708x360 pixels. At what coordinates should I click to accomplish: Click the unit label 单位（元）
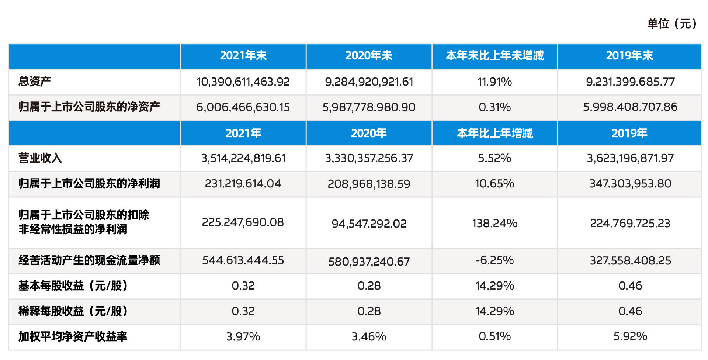pos(672,24)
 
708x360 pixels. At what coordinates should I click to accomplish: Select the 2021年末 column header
pos(243,56)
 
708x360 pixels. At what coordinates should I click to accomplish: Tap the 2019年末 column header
pos(629,56)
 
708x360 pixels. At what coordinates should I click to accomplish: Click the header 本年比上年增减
pos(494,133)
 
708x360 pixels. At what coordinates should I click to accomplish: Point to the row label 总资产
pos(35,81)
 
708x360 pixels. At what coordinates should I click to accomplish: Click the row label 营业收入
pos(40,158)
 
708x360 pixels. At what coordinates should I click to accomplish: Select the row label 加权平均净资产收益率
pos(73,336)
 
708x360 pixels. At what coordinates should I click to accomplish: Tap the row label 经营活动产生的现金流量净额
pos(89,260)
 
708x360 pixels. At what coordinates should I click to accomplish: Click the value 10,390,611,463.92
pos(243,82)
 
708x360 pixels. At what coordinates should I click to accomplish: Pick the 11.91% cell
pos(494,82)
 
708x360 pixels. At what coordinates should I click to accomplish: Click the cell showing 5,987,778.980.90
pos(369,107)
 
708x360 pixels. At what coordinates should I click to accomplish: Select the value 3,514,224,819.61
pos(243,158)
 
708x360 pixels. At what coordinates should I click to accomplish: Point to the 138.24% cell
pos(494,223)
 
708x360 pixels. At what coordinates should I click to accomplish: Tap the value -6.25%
pos(494,260)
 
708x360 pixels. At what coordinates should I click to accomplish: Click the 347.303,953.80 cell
pos(630,184)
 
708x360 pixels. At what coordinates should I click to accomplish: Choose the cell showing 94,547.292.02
pos(369,224)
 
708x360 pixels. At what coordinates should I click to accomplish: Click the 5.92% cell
pos(630,336)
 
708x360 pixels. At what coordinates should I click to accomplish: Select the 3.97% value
pos(243,336)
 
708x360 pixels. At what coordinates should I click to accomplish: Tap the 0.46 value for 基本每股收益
pos(630,285)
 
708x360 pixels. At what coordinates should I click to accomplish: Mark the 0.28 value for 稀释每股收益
pos(369,311)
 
